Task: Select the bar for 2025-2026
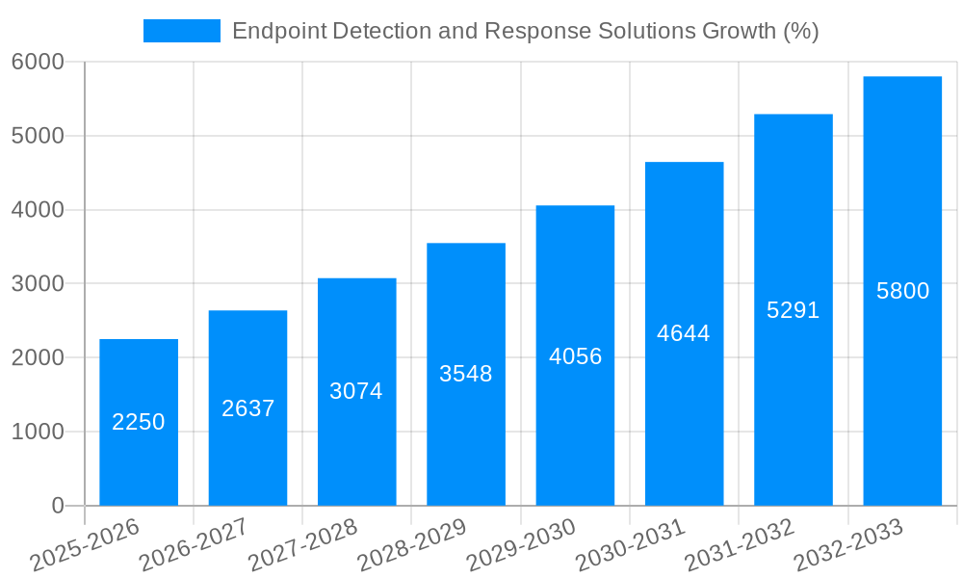pyautogui.click(x=139, y=462)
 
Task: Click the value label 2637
pyautogui.click(x=247, y=408)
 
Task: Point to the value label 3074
pyautogui.click(x=356, y=391)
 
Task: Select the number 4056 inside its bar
pyautogui.click(x=575, y=356)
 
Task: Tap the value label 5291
pyautogui.click(x=793, y=310)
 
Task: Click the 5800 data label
pyautogui.click(x=902, y=291)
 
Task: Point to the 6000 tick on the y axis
pyautogui.click(x=38, y=62)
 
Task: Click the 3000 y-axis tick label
pyautogui.click(x=38, y=284)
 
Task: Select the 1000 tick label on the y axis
pyautogui.click(x=38, y=433)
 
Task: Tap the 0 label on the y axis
pyautogui.click(x=57, y=507)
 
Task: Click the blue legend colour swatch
pyautogui.click(x=181, y=31)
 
